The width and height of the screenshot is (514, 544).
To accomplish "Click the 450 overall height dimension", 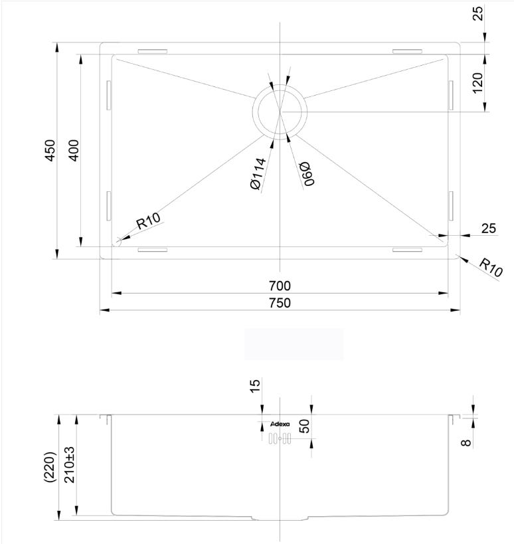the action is [50, 150].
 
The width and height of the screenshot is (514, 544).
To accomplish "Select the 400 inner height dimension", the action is [74, 150].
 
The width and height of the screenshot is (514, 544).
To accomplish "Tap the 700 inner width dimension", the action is [280, 286].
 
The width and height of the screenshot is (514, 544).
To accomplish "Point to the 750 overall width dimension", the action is [280, 303].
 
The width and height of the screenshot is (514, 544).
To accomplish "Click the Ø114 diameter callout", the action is [258, 174].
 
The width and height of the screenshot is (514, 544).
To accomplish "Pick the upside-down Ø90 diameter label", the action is [307, 174].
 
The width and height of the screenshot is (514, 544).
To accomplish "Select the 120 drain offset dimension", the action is [477, 83].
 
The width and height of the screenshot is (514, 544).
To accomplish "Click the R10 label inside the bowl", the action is [148, 221].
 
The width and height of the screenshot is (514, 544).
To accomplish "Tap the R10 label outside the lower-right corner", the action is [491, 268].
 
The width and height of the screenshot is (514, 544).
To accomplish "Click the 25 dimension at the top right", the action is [478, 14].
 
